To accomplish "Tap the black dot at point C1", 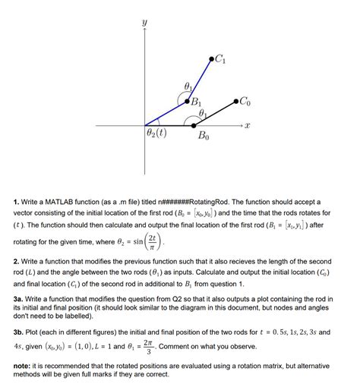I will coord(211,58).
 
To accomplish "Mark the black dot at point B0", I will coord(193,124).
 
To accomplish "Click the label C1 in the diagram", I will coord(221,58).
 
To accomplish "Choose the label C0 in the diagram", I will coord(248,99).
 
